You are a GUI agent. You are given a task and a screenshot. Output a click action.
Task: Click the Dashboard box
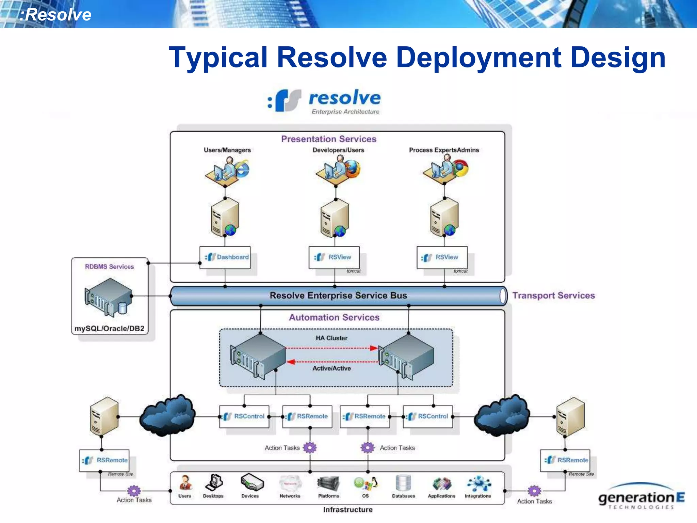tap(225, 257)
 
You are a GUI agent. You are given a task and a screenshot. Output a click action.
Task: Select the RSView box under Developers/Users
tap(334, 257)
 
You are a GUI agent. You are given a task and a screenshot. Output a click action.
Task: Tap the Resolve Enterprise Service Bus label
tap(338, 296)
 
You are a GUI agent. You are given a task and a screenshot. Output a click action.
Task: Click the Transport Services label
tap(553, 296)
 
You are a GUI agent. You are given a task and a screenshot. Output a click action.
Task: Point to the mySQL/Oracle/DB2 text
tap(109, 329)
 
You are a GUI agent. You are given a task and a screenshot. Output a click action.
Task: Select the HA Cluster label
tap(331, 338)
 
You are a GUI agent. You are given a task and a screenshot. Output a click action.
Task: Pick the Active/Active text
tap(331, 368)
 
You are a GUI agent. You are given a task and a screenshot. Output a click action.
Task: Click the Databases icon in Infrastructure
tap(403, 483)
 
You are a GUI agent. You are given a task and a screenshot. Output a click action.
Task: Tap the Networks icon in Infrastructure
tap(290, 483)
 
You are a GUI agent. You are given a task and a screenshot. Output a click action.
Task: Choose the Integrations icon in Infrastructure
tap(478, 484)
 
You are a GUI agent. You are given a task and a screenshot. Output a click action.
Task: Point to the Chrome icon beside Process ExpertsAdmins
tap(460, 169)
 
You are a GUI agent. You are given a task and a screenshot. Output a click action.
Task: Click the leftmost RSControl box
tap(244, 416)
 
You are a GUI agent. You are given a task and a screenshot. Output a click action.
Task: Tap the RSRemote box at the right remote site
tap(565, 460)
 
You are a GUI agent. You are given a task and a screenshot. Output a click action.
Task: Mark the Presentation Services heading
tap(328, 139)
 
